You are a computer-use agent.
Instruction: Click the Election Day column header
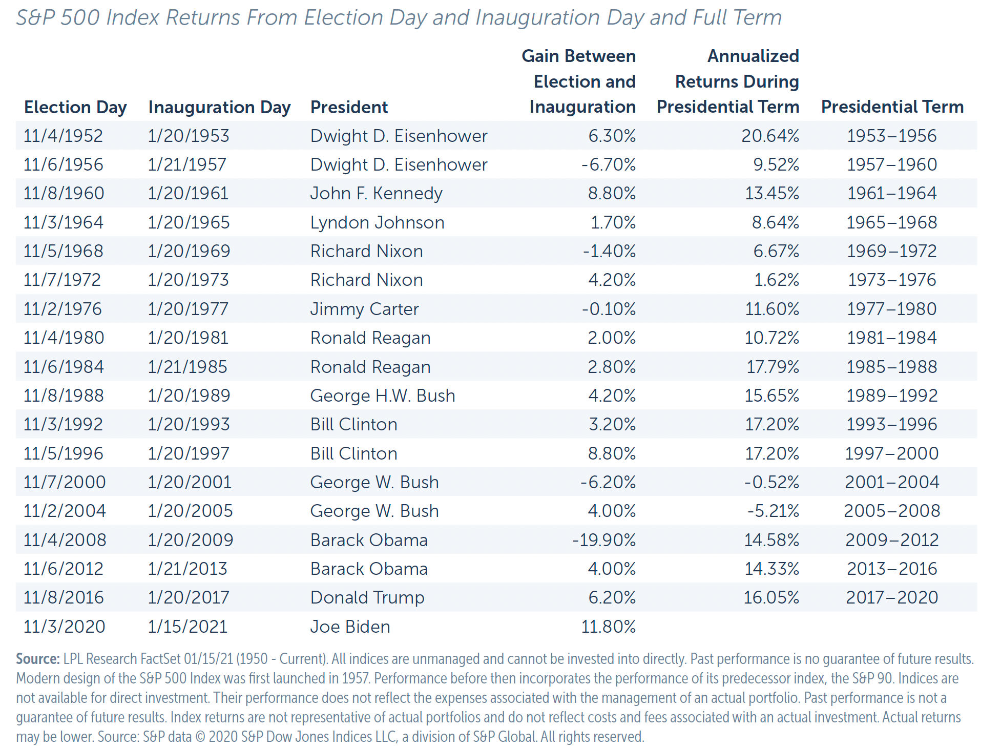tap(75, 108)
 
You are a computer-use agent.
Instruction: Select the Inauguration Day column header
tap(219, 108)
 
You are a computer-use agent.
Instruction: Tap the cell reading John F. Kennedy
tap(376, 194)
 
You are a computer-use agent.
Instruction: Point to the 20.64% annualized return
tap(770, 136)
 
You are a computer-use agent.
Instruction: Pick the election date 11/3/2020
tap(64, 627)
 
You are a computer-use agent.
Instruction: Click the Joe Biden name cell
tap(350, 627)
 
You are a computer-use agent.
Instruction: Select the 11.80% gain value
tap(608, 627)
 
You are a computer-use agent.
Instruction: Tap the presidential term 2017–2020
tap(891, 597)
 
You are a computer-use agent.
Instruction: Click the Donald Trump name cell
tap(367, 597)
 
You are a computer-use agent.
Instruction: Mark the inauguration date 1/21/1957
tap(187, 164)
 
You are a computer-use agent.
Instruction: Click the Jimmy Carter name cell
tap(364, 309)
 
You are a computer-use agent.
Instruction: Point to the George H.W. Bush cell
tap(382, 396)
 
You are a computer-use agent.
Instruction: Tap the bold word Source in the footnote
tap(37, 659)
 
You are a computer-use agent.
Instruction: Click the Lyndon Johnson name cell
tap(377, 222)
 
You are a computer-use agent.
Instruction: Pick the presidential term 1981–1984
tap(891, 338)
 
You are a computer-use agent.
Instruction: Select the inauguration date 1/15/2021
tap(187, 627)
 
